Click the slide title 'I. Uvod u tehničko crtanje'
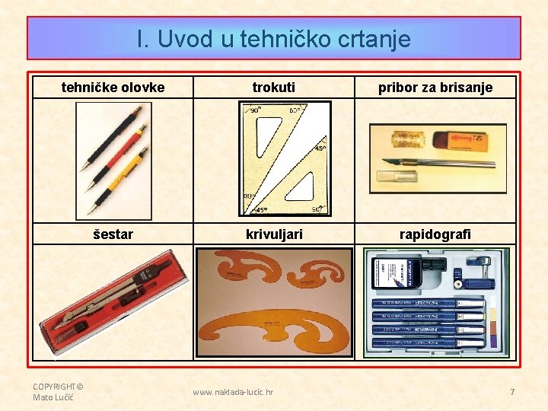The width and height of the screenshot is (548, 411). point(274,39)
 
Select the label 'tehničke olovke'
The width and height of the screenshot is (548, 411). point(113,88)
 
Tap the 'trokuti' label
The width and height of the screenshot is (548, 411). point(274,88)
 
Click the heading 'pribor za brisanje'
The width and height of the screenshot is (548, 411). point(435,88)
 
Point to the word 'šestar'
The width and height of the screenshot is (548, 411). point(113,234)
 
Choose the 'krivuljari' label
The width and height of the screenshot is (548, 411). point(274,234)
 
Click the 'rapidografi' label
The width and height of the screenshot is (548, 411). point(435,234)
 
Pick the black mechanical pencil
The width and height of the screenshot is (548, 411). point(111,138)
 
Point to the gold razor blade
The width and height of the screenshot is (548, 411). point(406,139)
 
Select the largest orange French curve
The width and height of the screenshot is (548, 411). point(274,327)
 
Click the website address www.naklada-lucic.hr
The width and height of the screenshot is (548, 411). point(233,393)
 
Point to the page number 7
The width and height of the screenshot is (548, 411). point(512,392)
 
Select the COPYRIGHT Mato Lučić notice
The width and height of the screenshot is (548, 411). point(57,391)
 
